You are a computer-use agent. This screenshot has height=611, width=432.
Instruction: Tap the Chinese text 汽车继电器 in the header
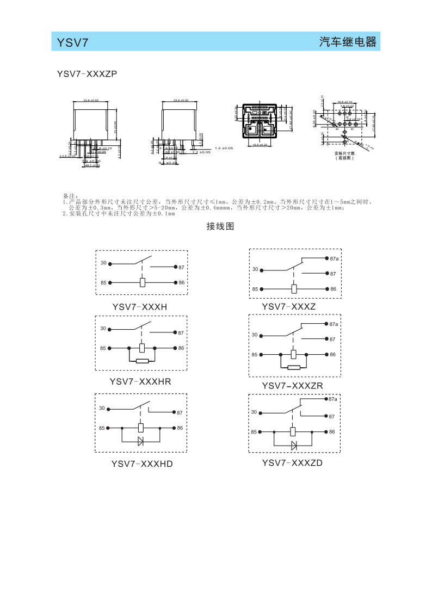pos(348,42)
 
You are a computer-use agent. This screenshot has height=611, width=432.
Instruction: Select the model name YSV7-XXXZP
pos(87,73)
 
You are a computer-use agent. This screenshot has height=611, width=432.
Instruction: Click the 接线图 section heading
pos(220,226)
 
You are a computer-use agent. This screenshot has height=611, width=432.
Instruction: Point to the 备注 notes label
pos(71,196)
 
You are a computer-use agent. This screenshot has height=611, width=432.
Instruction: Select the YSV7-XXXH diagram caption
pos(139,307)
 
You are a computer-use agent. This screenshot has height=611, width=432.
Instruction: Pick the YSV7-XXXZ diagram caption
pos(288,306)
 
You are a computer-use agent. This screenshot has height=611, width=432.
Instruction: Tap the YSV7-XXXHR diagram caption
pos(140,381)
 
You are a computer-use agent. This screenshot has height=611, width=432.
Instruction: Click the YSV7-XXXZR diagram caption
pos(292,386)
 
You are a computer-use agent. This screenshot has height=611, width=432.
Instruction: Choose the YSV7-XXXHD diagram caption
pos(141,464)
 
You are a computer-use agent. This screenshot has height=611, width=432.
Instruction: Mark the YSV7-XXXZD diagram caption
pos(292,463)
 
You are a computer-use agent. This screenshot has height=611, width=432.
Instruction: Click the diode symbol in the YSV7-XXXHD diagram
pos(141,441)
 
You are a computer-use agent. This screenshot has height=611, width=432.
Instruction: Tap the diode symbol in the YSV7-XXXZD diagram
pos(294,445)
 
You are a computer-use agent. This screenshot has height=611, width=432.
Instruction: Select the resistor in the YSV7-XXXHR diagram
pos(142,361)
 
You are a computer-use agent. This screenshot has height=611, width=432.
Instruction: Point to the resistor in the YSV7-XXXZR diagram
pos(294,367)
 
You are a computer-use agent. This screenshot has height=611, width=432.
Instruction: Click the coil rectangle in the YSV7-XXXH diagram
pos(142,283)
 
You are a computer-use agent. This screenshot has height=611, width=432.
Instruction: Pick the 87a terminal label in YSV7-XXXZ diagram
pos(334,258)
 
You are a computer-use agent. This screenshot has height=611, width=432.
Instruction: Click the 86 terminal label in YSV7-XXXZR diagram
pos(333,355)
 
